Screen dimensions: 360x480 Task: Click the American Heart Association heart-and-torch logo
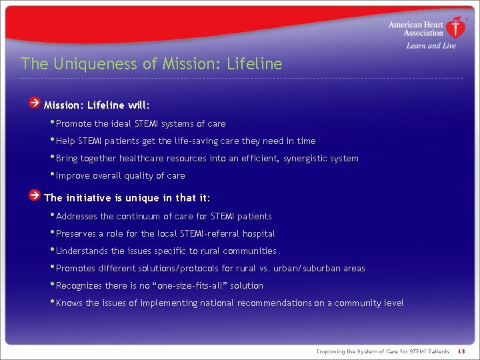456,28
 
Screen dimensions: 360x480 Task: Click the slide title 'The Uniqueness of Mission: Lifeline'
151,64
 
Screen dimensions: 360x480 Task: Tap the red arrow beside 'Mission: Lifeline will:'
34,103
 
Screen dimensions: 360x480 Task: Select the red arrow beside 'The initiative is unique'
34,196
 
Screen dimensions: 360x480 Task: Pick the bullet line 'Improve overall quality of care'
120,176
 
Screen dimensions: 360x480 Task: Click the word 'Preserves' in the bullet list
77,234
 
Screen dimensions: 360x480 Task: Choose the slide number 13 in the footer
461,351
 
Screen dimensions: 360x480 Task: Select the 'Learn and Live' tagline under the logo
421,45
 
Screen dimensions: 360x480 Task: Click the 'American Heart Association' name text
415,29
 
